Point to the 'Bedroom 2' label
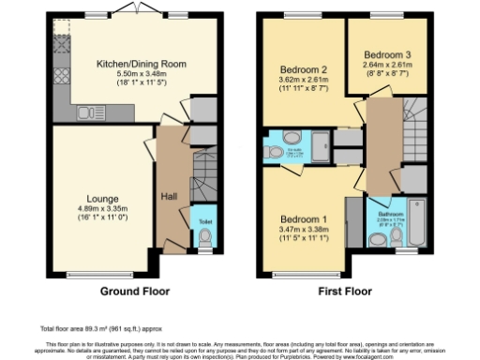[x=302, y=69]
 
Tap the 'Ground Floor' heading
[x=133, y=292]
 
